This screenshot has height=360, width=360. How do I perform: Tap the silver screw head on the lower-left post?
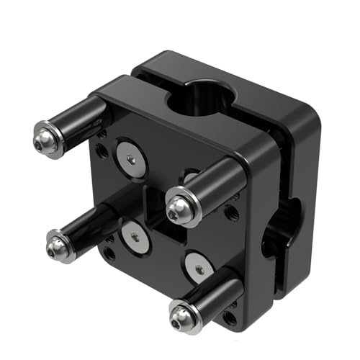pos(59,246)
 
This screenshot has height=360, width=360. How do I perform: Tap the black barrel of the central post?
pos(216,185)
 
